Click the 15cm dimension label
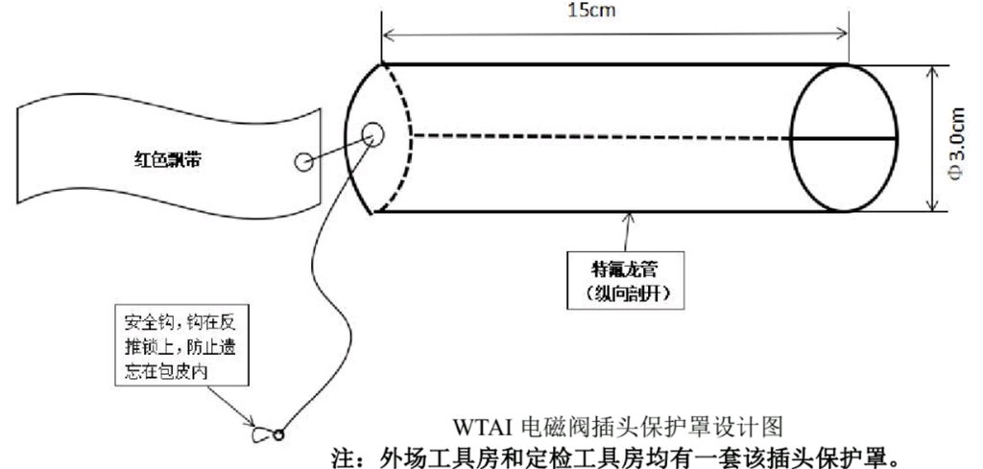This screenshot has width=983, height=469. coord(591,10)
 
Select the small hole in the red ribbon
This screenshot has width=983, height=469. coord(304,162)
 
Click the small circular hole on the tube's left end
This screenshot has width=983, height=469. coord(372,133)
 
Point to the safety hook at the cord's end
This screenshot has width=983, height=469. coord(263,434)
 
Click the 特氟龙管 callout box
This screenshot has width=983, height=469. coord(625,280)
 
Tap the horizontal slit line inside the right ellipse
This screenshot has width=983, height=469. coord(844,138)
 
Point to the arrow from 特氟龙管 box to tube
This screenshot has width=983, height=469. coord(626,232)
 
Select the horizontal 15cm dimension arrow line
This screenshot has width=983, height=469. coord(615,34)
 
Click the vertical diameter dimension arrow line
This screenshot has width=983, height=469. coord(933,138)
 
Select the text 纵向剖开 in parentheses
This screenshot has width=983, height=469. coord(626,293)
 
